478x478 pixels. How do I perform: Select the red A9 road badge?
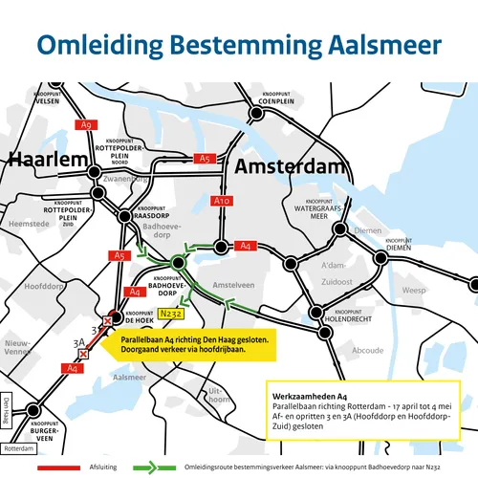[87, 124]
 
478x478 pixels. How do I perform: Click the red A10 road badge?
[221, 201]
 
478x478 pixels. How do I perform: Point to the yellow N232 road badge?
[171, 312]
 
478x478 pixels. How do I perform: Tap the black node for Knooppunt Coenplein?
[256, 115]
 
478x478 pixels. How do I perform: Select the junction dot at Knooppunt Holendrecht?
[325, 334]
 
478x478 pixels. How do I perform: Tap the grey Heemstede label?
[28, 223]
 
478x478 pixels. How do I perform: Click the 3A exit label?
[81, 337]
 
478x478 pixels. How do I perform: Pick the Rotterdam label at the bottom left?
[18, 447]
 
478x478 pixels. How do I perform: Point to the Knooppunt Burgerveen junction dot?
[33, 411]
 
